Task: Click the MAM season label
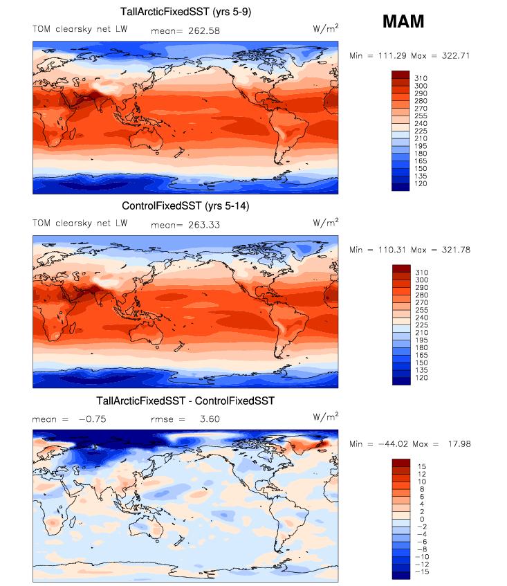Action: point(403,22)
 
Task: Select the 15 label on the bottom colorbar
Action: point(421,466)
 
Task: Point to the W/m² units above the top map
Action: point(326,28)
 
